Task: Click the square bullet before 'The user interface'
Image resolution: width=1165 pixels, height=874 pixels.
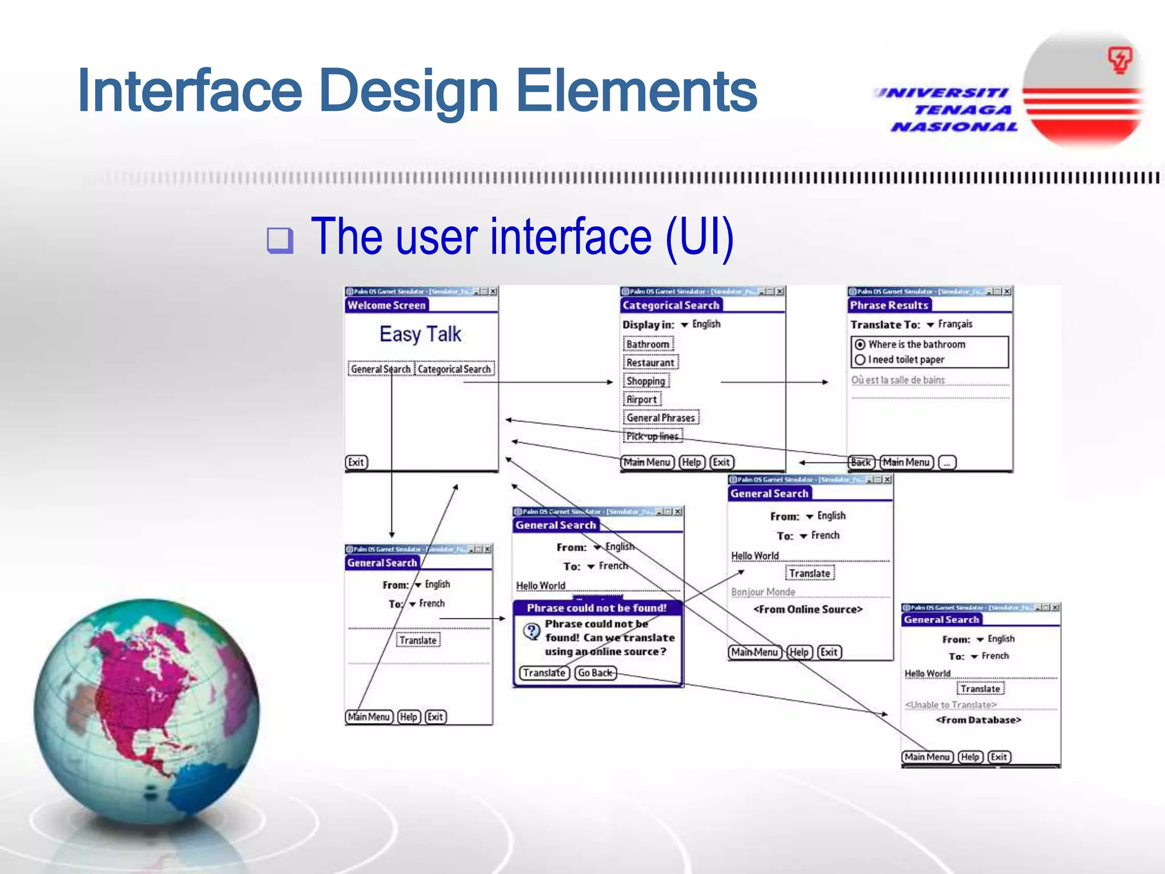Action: pos(280,240)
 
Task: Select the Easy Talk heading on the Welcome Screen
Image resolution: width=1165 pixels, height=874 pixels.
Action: pos(420,334)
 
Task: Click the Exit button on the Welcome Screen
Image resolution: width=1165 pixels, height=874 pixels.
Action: pos(357,462)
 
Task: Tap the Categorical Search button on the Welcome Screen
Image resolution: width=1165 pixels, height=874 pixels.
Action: pos(454,369)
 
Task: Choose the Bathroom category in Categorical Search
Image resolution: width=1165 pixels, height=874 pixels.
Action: pos(648,344)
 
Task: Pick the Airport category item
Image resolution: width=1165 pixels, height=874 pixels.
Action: pos(642,399)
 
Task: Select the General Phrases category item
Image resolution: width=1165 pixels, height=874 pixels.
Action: pos(661,418)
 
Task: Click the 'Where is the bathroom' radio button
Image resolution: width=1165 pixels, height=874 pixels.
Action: pos(860,344)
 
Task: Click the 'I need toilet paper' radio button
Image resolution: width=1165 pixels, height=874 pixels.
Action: pos(860,360)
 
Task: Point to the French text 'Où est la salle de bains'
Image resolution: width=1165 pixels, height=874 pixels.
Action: pos(898,380)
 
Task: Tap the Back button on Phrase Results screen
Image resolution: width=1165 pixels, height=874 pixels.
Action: pos(861,462)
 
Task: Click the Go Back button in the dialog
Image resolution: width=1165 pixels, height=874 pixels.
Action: pos(595,673)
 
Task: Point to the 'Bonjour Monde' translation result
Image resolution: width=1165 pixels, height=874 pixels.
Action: pos(763,592)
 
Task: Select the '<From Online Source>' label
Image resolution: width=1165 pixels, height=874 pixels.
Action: pos(808,609)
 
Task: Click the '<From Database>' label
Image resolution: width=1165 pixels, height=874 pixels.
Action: pos(978,720)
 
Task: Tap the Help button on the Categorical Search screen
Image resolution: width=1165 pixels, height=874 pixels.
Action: pos(691,462)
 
